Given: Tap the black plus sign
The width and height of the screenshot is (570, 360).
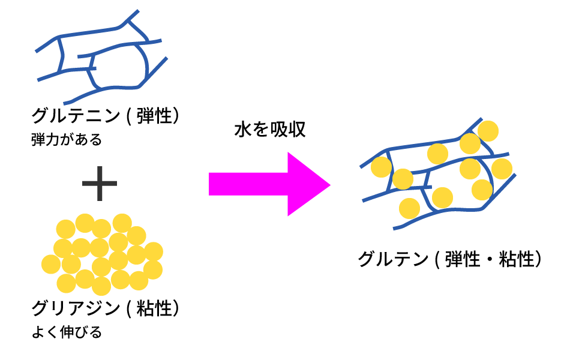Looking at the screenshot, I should (100, 184).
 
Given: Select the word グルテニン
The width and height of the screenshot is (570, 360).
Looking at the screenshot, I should (76, 115).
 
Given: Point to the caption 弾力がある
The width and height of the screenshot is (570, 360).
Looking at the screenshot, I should (67, 140).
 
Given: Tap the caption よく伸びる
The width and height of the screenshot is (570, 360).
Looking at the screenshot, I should (67, 332).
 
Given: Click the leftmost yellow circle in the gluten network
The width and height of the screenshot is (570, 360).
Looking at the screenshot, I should (380, 167).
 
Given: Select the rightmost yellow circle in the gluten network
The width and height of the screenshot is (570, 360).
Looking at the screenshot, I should (502, 169).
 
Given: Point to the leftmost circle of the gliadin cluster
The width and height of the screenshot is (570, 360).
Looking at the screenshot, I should (51, 263).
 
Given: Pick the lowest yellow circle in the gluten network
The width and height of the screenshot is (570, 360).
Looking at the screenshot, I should (409, 208).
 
